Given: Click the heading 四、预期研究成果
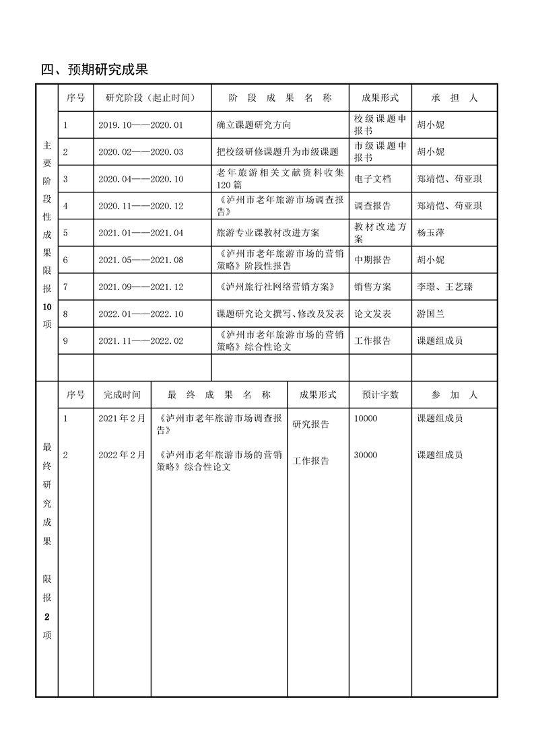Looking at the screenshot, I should click(x=94, y=69).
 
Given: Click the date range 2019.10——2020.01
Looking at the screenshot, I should click(x=141, y=125).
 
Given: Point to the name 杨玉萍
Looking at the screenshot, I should click(x=432, y=233).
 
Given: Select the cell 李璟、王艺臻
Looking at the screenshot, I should click(x=444, y=287).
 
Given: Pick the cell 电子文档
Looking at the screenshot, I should click(x=372, y=179).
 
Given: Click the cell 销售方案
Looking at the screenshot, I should click(x=372, y=287).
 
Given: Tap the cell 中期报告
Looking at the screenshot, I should click(x=372, y=260).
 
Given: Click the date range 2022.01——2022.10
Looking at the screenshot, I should click(x=141, y=314).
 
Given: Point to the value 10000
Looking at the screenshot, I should click(x=366, y=419).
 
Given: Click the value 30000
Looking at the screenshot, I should click(x=366, y=456).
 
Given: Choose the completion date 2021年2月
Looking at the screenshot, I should click(x=122, y=419).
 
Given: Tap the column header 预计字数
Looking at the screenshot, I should click(x=380, y=395).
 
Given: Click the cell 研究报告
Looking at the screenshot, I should click(x=310, y=425).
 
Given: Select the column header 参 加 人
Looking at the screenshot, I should click(x=455, y=395).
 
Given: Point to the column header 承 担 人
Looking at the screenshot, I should click(x=455, y=98).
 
